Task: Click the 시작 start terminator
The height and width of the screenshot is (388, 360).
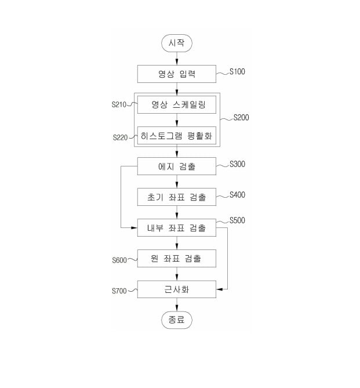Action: click(176, 43)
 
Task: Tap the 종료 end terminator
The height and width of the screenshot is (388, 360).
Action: click(176, 320)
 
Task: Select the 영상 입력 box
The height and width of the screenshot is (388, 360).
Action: click(176, 74)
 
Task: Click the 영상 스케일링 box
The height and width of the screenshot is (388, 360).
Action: click(176, 105)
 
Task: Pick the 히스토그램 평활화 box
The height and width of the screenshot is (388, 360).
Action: click(176, 136)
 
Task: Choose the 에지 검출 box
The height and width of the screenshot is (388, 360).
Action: click(176, 166)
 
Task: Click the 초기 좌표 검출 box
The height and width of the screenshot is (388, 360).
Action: click(176, 197)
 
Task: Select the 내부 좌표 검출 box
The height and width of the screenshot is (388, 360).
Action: click(176, 228)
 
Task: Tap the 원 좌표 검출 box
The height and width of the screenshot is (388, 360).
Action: click(176, 259)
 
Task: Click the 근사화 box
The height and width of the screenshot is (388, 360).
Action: click(176, 289)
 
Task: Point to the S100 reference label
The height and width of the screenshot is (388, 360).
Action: click(238, 72)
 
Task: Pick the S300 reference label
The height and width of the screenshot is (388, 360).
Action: click(238, 164)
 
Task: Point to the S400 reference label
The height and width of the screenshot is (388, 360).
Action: click(238, 195)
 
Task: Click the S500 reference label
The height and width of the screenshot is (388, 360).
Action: click(238, 220)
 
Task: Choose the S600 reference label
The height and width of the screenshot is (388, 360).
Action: click(119, 260)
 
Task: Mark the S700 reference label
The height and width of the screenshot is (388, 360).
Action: click(119, 291)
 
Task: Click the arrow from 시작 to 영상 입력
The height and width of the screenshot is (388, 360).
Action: click(176, 59)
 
